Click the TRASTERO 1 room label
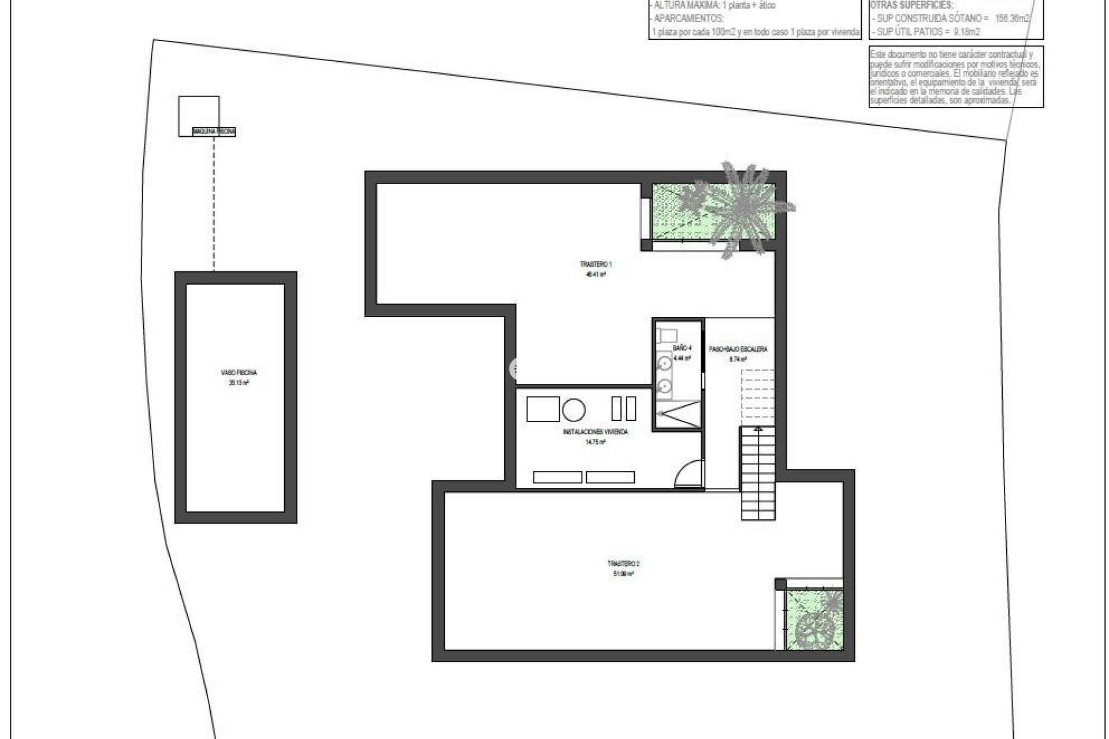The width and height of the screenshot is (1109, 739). coord(596,264)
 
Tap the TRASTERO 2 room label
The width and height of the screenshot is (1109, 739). coord(623,563)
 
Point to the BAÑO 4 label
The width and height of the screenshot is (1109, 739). coord(682,348)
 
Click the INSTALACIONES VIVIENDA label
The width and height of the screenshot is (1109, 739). coord(595,432)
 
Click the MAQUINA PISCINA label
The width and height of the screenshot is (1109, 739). coord(214,132)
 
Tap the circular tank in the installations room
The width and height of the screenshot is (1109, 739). coord(574,410)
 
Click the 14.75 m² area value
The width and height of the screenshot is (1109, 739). coord(595,442)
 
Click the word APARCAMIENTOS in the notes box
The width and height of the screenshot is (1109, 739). coord(688,18)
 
